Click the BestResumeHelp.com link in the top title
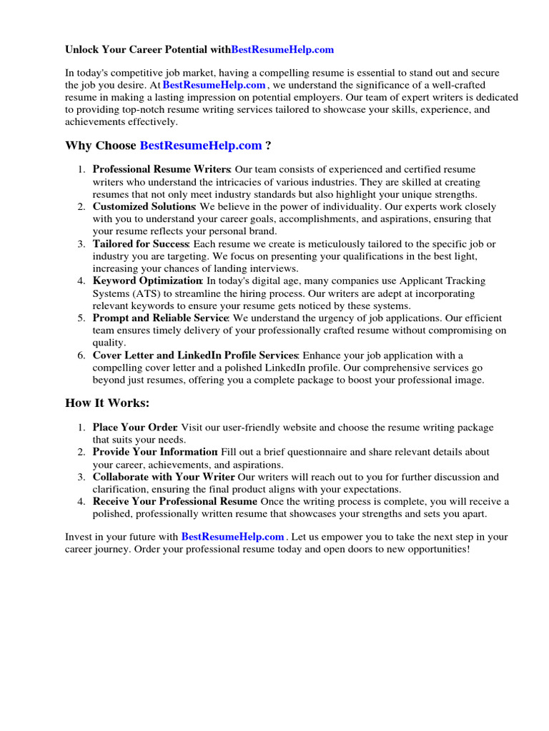point(282,50)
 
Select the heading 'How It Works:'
point(107,403)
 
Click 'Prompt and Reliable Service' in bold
point(160,318)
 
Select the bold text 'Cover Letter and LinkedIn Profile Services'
point(195,355)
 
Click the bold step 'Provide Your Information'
point(154,452)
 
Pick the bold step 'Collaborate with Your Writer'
point(164,477)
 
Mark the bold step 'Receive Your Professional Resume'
point(175,502)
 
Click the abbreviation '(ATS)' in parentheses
point(146,293)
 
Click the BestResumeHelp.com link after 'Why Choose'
point(201,146)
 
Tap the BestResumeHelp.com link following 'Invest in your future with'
point(233,536)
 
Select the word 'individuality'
point(332,206)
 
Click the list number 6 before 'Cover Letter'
point(81,355)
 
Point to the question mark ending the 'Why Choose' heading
point(268,146)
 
